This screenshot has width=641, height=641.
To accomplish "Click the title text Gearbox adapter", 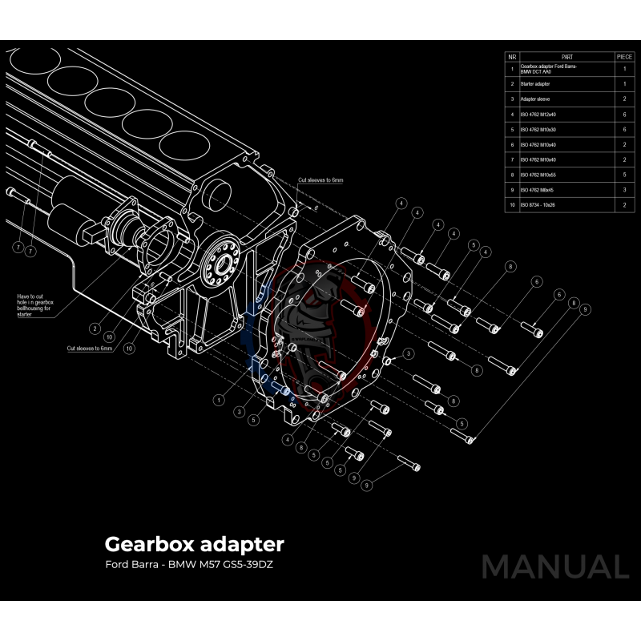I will (194, 544).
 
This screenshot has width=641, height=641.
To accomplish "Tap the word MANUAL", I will (554, 566).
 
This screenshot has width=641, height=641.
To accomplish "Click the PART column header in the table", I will (566, 57).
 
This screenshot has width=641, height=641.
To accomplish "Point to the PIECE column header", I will (624, 57).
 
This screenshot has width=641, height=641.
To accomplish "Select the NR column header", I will (512, 57).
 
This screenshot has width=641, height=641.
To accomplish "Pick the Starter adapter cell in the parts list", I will (538, 84).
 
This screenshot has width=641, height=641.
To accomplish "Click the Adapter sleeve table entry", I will (536, 99).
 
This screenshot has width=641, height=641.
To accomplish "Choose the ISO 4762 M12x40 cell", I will (538, 115).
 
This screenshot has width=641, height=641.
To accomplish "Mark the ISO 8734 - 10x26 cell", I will (538, 206).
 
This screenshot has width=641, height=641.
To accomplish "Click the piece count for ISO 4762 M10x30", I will (624, 130).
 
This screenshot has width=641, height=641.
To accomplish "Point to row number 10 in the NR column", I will (512, 206).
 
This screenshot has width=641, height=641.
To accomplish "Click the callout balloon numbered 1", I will (217, 398).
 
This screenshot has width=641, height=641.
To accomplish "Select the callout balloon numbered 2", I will (95, 328).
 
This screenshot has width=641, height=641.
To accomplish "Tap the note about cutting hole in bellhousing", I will (36, 305).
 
